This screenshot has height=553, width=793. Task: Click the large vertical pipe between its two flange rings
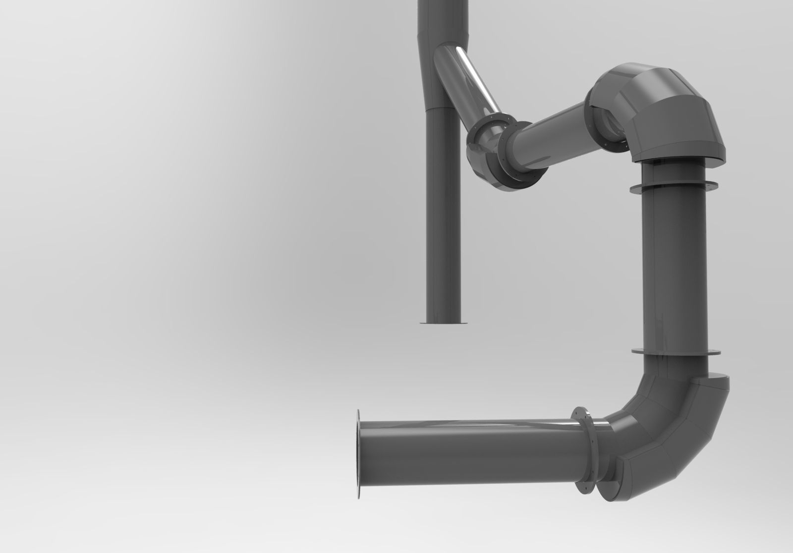[675, 268]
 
